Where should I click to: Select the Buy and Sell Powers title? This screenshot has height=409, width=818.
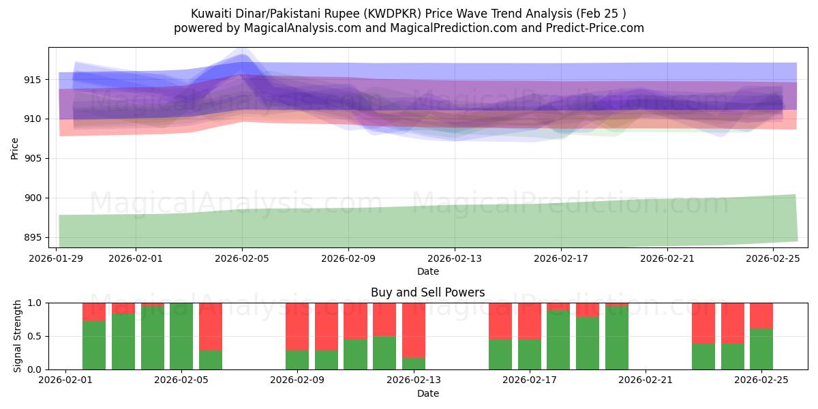[x=427, y=292]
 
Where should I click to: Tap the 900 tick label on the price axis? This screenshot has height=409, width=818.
[x=33, y=198]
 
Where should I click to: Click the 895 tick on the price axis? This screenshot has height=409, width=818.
[x=33, y=238]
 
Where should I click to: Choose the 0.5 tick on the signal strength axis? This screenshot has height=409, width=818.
[x=34, y=337]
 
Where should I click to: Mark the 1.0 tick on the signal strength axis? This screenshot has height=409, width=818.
[x=34, y=303]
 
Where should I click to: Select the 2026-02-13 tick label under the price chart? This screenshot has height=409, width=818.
[x=455, y=259]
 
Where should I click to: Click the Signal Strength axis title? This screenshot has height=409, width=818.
[x=18, y=336]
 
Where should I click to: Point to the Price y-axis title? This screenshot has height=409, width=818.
[x=14, y=148]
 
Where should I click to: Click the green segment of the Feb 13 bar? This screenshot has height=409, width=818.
[x=413, y=363]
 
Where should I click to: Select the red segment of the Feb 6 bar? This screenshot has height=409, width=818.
[x=211, y=326]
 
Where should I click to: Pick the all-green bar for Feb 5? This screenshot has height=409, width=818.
[x=181, y=336]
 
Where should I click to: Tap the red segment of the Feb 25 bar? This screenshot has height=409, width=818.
[x=761, y=316]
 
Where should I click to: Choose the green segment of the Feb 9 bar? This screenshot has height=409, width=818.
[x=297, y=360]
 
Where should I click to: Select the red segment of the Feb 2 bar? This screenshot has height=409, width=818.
[x=94, y=312]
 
